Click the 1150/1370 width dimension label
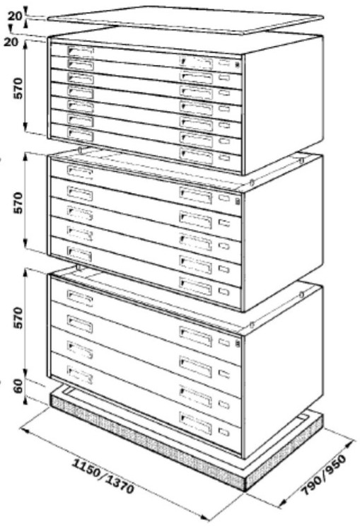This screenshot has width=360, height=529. click(103, 476)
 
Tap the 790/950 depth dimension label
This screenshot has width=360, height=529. click(323, 475)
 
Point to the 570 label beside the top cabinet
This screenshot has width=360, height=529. click(18, 88)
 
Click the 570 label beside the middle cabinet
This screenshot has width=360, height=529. click(18, 203)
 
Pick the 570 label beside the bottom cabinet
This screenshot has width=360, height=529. click(18, 318)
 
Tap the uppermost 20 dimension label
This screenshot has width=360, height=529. click(15, 16)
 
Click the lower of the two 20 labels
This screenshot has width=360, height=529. click(11, 42)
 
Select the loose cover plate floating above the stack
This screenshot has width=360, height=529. click(185, 20)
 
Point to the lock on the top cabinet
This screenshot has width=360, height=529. click(238, 65)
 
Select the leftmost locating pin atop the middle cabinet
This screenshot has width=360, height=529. click(80, 149)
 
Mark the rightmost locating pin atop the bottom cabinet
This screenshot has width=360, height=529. click(301, 294)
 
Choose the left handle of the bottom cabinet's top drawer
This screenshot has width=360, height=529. click(80, 298)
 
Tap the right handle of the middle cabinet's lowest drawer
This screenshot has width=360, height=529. click(195, 286)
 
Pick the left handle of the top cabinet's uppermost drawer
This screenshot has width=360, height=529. click(81, 52)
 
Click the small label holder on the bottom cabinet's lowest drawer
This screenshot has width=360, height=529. click(223, 432)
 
